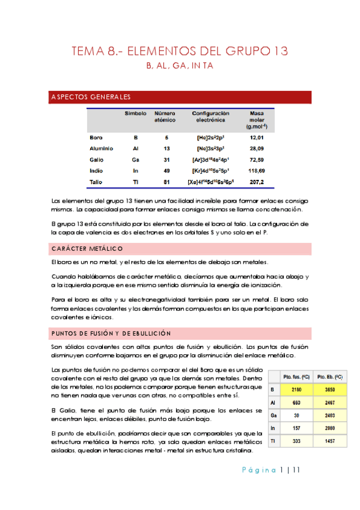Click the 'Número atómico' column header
[x=165, y=117]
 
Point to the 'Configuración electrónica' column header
[x=211, y=117]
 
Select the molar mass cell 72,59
[x=257, y=159]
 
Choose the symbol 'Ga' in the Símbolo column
[x=135, y=159]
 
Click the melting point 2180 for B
[x=296, y=389]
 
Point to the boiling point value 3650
[x=329, y=389]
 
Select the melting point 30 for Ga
[x=296, y=415]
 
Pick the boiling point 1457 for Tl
[x=329, y=441]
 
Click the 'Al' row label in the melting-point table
[x=274, y=402]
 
